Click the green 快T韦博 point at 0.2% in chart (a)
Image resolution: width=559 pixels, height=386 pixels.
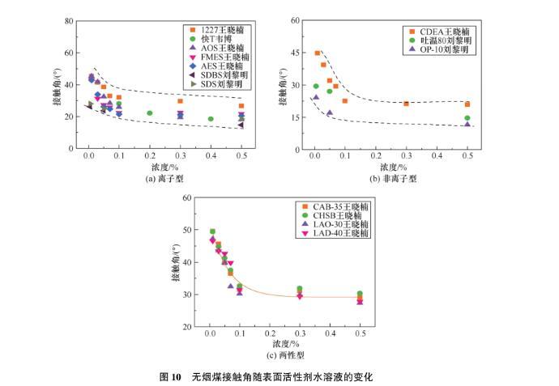pos(150,113)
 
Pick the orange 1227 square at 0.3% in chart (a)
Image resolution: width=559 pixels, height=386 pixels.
pos(180,101)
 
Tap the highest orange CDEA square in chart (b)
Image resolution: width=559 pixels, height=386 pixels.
pos(318,53)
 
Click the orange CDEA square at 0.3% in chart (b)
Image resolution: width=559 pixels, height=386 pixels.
pos(406,104)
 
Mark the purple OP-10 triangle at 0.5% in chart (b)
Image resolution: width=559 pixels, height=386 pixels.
pos(467,124)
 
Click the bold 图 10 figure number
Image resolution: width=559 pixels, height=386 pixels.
pos(170,377)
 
